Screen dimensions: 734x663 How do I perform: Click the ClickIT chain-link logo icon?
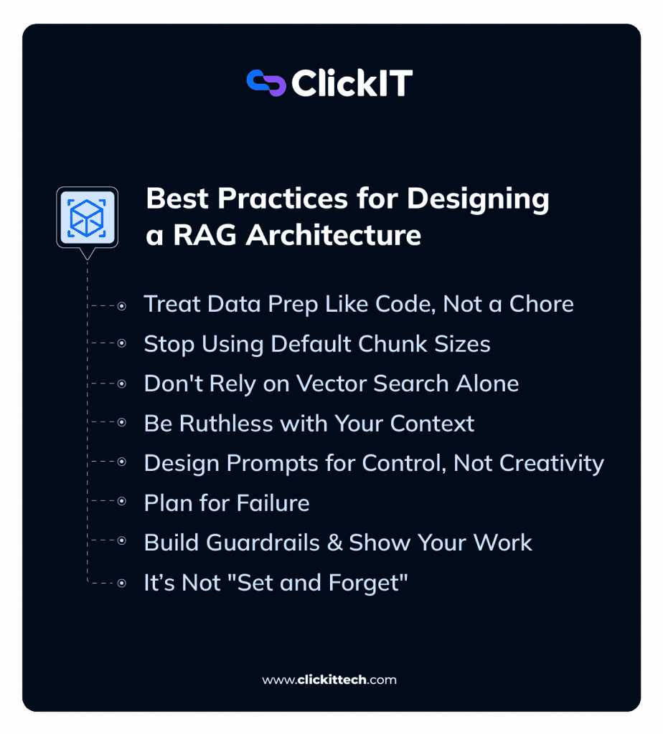tap(265, 83)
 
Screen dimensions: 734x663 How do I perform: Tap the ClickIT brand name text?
tap(352, 84)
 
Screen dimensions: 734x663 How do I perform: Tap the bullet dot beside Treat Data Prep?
tap(122, 305)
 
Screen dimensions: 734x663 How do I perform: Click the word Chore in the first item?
tap(541, 304)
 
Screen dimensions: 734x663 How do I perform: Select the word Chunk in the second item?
tap(371, 344)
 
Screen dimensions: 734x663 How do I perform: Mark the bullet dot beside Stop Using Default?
tap(122, 345)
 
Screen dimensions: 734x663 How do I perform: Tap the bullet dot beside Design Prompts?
tap(122, 464)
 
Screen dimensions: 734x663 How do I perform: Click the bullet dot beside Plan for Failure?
tap(122, 503)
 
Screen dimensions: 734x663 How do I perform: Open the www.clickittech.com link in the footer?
tap(329, 680)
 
